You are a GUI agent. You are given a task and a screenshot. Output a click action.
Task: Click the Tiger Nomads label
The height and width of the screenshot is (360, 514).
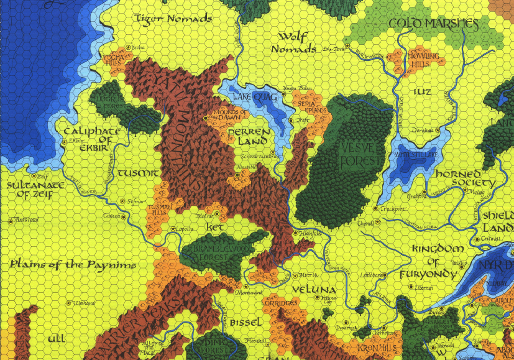click(173, 19)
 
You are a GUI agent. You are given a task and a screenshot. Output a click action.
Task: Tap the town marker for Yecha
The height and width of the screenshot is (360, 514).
click(129, 47)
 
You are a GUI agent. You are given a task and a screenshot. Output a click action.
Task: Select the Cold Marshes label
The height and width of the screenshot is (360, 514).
click(433, 24)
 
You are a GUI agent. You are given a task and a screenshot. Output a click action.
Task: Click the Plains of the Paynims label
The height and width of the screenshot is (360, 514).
click(73, 265)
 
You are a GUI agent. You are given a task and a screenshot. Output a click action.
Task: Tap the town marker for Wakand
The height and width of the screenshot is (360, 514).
click(69, 303)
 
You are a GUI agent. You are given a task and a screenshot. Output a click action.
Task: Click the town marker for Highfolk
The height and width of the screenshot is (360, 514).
click(295, 233)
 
